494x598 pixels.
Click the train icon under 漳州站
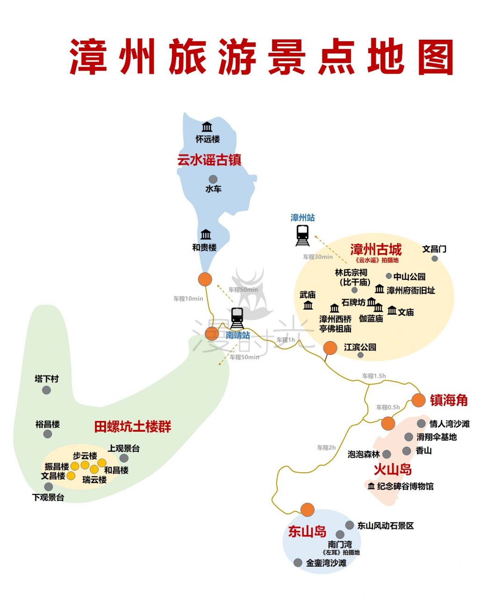(302, 235)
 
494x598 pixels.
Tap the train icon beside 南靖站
(237, 318)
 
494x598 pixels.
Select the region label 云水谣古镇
(209, 160)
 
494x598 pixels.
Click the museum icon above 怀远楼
(207, 127)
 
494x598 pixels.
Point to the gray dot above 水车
(213, 179)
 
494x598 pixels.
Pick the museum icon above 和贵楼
(206, 235)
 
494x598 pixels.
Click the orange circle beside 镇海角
(418, 400)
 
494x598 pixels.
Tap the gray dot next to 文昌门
(435, 258)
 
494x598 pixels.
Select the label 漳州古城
(376, 249)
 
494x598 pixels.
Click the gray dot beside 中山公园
(389, 276)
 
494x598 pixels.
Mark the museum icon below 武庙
(308, 305)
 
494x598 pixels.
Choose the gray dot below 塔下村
(46, 390)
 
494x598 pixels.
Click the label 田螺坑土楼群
(133, 427)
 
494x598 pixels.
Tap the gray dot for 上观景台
(124, 458)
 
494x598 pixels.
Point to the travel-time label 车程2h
(326, 448)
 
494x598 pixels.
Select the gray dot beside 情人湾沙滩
(421, 424)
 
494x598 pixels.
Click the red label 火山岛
(393, 470)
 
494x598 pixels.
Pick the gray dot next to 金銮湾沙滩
(298, 562)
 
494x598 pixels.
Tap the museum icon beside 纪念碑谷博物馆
(371, 486)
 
